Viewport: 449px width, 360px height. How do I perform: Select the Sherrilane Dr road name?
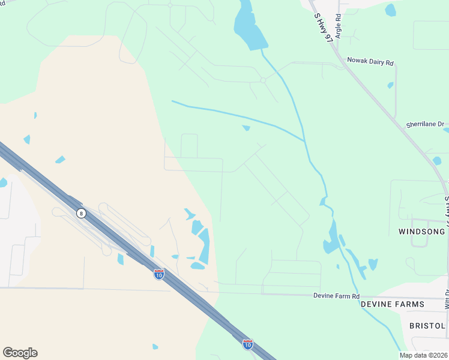tap(424, 124)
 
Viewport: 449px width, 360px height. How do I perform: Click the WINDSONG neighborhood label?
tap(421, 231)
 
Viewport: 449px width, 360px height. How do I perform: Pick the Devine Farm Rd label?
tap(336, 296)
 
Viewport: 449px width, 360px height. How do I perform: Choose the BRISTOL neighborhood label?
tap(427, 326)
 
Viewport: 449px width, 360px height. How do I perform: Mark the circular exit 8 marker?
tap(80, 213)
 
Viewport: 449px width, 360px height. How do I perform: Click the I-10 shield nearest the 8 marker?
tap(158, 274)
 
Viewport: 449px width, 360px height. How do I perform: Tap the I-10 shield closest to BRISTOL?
tap(247, 344)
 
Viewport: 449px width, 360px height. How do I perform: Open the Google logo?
tap(20, 353)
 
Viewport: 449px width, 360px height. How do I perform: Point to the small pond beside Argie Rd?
tap(391, 10)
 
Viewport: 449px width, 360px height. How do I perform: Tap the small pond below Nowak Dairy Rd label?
tap(390, 85)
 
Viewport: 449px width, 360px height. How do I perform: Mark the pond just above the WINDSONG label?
tap(436, 161)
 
